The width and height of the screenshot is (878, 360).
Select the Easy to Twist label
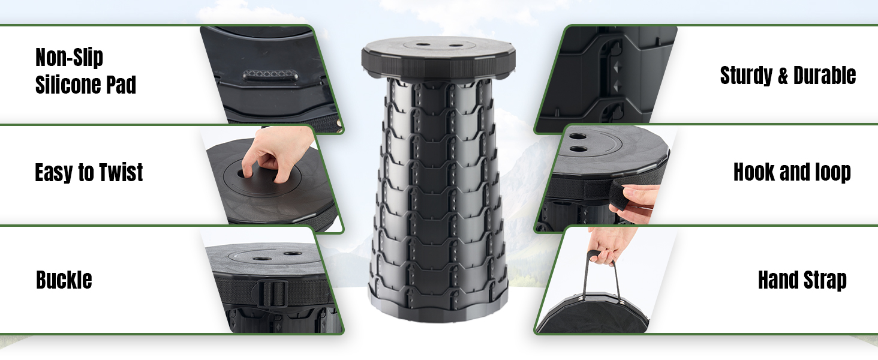tap(89, 173)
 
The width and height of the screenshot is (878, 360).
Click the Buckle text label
tap(64, 280)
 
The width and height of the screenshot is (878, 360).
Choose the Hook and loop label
tap(792, 173)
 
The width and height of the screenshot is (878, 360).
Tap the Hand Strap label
tap(802, 280)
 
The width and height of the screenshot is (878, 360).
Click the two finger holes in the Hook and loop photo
tap(578, 143)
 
